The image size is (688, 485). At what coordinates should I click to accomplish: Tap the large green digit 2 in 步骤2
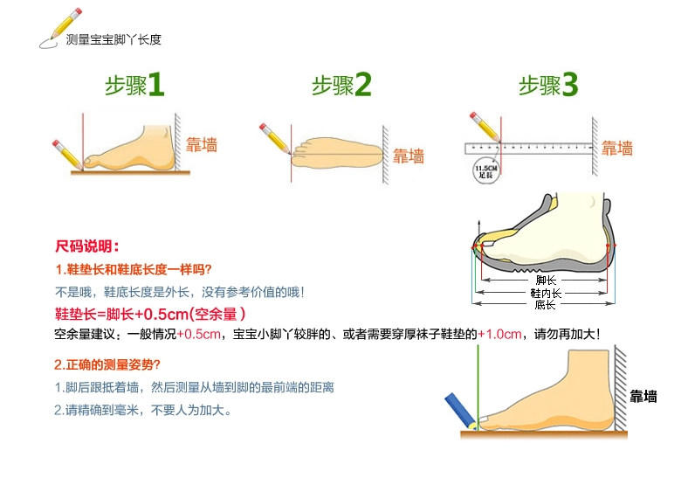363,85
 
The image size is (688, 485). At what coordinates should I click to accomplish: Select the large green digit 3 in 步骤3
569,85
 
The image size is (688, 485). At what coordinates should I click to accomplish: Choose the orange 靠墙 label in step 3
616,148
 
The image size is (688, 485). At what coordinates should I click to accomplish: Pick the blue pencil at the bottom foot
459,410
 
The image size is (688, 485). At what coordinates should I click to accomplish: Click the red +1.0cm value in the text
503,334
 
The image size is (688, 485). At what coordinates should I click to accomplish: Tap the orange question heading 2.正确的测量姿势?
107,364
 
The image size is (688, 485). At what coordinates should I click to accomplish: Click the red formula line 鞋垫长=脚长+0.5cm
149,314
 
